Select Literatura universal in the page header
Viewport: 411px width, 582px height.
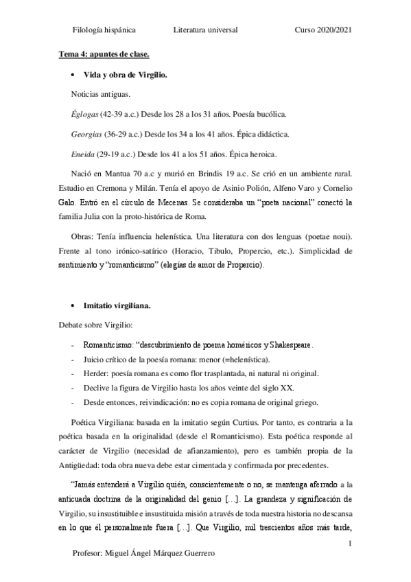coord(206,30)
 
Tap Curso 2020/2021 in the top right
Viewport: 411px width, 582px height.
coord(324,30)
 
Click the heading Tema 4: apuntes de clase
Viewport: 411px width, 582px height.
coord(103,53)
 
